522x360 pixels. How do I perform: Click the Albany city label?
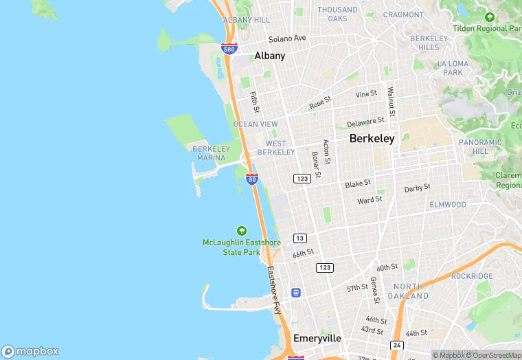point(269,56)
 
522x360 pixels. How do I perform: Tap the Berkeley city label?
point(372,138)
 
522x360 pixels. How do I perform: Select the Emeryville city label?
point(317,338)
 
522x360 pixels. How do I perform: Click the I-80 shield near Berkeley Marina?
point(252,180)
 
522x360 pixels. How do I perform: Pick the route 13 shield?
point(299,238)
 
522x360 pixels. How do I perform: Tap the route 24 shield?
point(396,345)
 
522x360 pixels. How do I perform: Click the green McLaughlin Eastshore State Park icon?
point(241,230)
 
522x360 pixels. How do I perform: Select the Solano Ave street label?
point(287,38)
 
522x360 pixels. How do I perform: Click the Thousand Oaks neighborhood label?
point(337,14)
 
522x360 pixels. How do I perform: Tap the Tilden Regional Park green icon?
point(489,17)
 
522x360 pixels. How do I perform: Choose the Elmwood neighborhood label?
point(448,204)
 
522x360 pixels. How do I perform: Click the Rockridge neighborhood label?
point(472,275)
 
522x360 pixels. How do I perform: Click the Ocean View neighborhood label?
point(256,124)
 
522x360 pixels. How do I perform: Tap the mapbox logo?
point(30,350)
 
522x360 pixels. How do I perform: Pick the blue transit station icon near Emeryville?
point(296,293)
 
